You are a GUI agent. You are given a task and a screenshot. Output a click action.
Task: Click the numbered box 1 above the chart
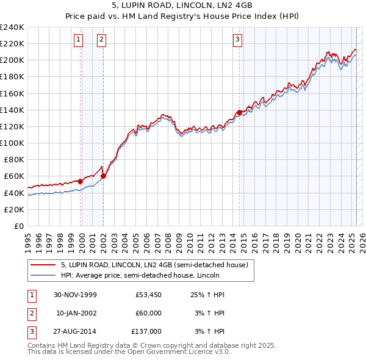(x=79, y=40)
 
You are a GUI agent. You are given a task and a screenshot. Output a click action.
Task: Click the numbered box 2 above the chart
(x=101, y=40)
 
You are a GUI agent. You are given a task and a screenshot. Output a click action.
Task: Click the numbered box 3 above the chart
(x=237, y=40)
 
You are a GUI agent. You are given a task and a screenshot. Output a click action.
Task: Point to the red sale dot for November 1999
(x=81, y=181)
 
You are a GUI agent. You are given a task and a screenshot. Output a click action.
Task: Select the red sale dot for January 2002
(x=103, y=176)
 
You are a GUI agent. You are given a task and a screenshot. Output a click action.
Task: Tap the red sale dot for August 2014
(x=239, y=112)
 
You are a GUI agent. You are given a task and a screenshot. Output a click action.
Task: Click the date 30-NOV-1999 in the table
(x=76, y=295)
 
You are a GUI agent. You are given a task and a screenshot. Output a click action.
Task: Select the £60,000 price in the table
(x=149, y=313)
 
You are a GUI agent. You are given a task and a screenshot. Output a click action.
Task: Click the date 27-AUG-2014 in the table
(x=76, y=331)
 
